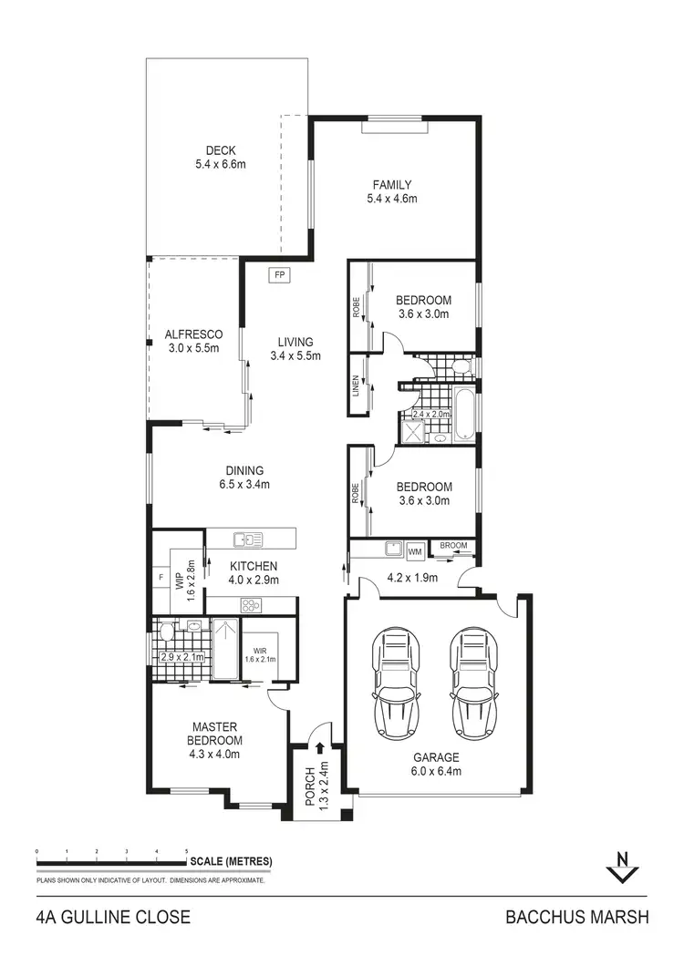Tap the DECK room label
point(221,158)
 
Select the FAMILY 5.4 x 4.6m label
point(391,191)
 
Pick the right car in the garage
point(474,675)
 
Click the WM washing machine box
point(415,550)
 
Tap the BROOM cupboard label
point(453,546)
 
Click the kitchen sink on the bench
point(247,540)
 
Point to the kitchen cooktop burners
point(251,605)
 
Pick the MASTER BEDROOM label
point(215,740)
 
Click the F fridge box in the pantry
point(161,577)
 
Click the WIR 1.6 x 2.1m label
point(260,654)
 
